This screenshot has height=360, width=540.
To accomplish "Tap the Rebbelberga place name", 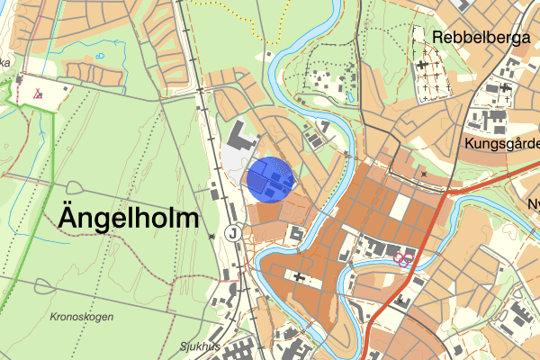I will [482, 38].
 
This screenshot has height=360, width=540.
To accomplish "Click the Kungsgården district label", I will [502, 143].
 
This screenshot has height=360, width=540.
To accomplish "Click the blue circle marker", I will [270, 179].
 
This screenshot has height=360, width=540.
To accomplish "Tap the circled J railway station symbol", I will [234, 232].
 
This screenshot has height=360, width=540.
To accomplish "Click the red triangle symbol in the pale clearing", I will [38, 92].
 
